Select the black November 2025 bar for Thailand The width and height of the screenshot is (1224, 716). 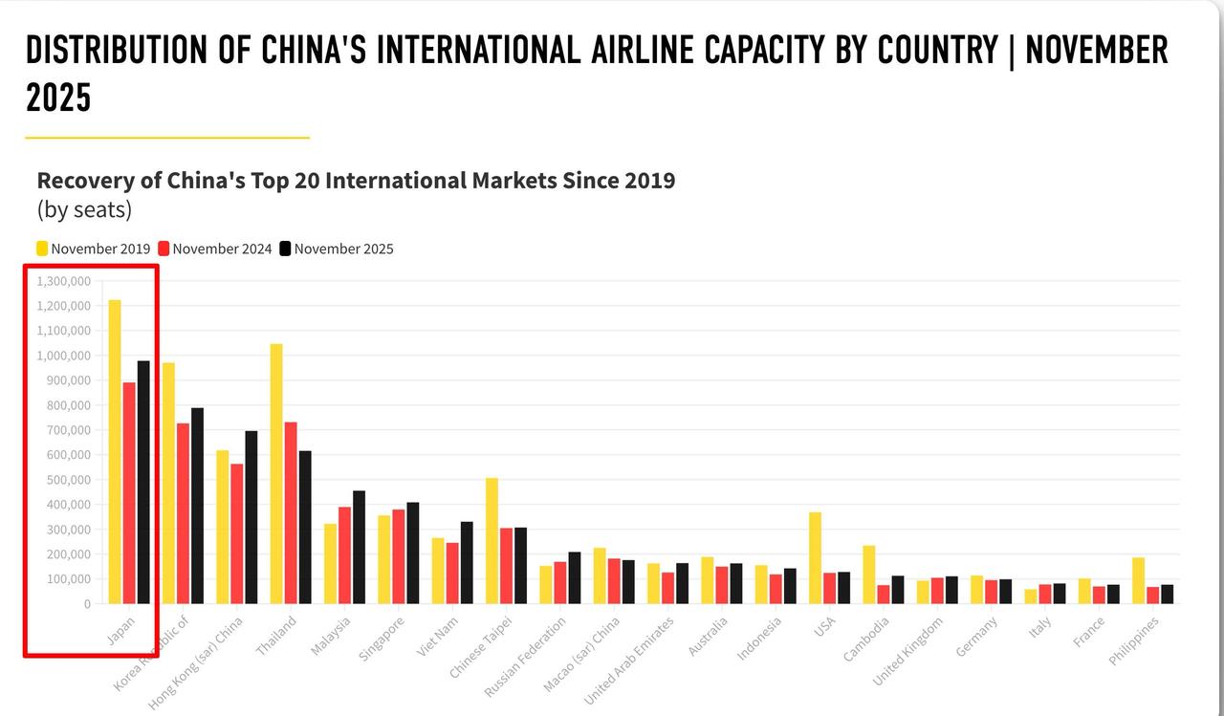[x=305, y=527]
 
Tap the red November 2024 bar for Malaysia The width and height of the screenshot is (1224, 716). [x=344, y=554]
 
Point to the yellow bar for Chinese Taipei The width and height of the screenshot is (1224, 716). [x=492, y=540]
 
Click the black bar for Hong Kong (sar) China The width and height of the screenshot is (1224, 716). [x=251, y=517]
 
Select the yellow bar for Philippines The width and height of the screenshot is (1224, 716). [x=1138, y=580]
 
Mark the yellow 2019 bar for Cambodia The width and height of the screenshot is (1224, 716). [x=868, y=574]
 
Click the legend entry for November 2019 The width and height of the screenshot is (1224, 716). [x=93, y=249]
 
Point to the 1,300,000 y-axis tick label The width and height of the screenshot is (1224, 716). [x=64, y=281]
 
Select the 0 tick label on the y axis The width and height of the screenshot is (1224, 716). [x=86, y=604]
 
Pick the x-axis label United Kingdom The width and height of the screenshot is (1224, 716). [x=907, y=651]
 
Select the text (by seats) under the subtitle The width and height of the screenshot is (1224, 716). [x=84, y=208]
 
